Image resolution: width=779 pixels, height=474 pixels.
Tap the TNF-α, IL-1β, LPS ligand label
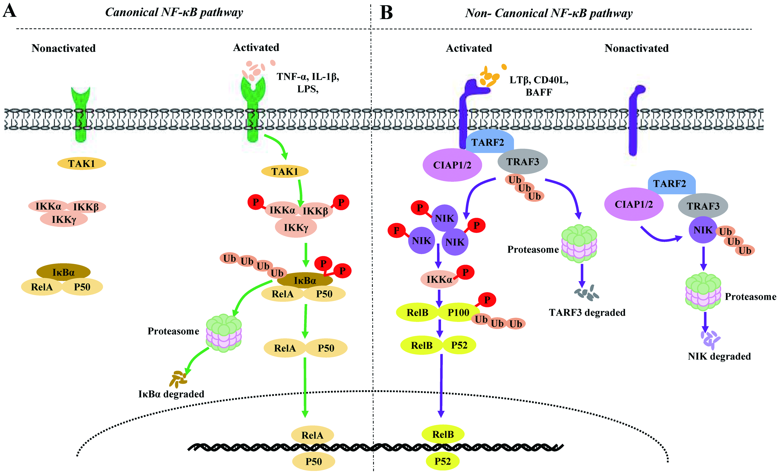tap(308, 82)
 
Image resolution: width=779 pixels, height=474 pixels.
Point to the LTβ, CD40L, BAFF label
tap(539, 86)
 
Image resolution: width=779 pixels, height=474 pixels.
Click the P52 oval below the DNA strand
tap(442, 461)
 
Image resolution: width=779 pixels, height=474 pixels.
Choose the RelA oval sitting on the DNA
tap(312, 435)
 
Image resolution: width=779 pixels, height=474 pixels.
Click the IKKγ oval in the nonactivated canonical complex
tap(64, 219)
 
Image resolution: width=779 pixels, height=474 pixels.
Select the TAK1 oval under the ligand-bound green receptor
tap(285, 171)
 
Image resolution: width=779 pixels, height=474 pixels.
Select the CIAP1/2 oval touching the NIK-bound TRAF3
tap(634, 204)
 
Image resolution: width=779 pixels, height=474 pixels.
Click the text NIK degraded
tap(719, 356)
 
